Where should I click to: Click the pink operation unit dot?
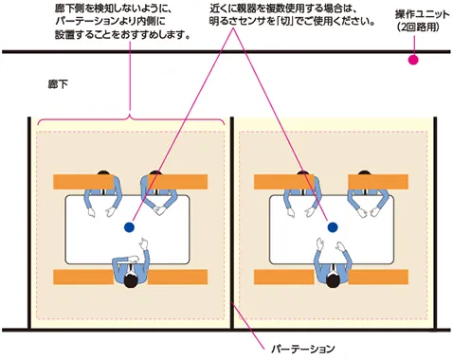(412, 61)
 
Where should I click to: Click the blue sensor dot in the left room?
(129, 227)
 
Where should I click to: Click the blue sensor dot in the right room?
(332, 227)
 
